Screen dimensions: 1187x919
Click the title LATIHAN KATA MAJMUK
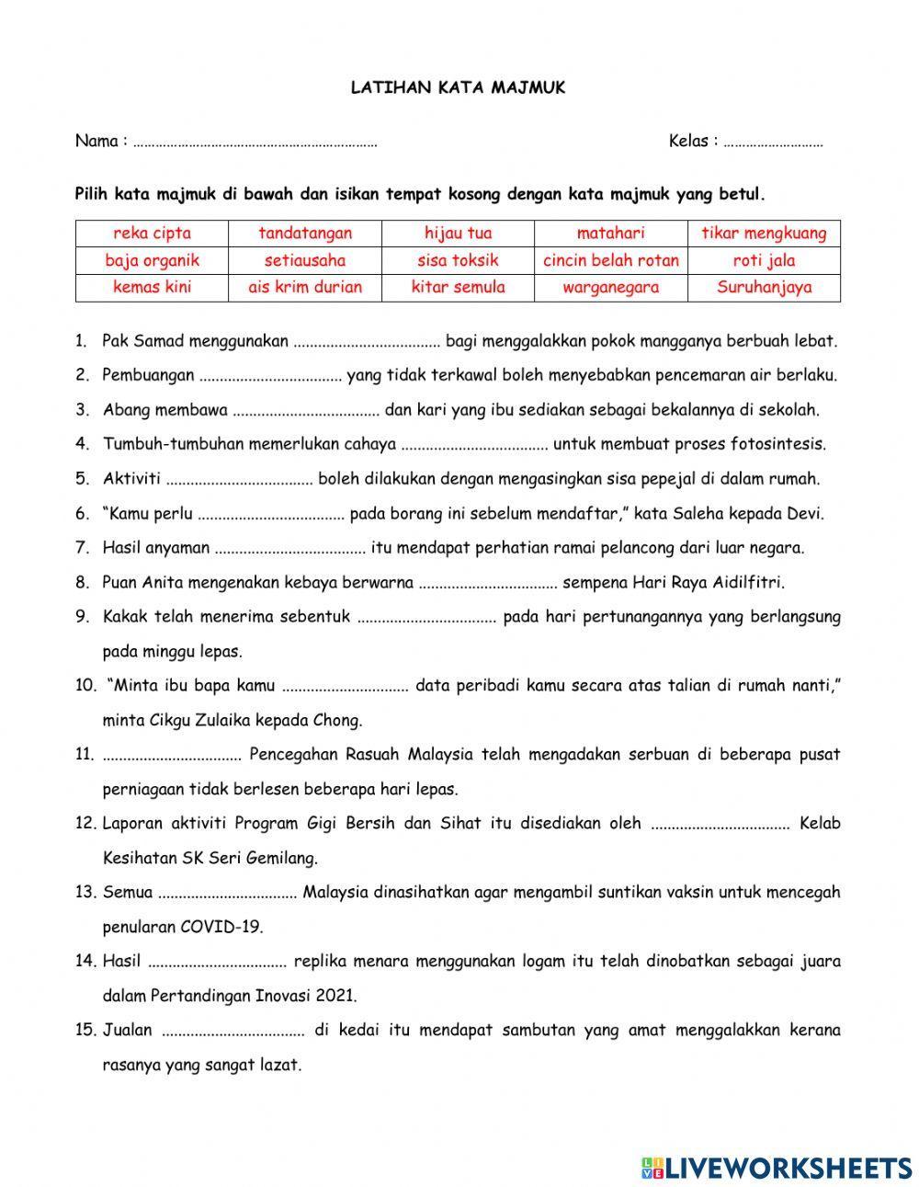click(x=459, y=88)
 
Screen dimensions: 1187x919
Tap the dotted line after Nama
click(x=255, y=143)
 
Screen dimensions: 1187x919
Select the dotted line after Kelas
click(x=773, y=143)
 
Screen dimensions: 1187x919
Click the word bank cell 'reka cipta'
click(x=152, y=234)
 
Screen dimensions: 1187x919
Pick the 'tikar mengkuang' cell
click(x=764, y=234)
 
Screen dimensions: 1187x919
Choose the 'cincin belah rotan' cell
click(x=611, y=260)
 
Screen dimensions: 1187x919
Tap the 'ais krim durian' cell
click(x=305, y=287)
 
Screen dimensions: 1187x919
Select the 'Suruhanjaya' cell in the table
click(x=764, y=287)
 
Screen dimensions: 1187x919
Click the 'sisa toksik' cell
click(x=458, y=260)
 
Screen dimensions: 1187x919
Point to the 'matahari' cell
click(x=611, y=234)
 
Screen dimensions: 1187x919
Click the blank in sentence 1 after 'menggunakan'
click(x=367, y=343)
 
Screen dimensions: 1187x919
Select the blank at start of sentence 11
click(x=172, y=756)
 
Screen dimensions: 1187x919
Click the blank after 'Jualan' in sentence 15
click(x=233, y=1032)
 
